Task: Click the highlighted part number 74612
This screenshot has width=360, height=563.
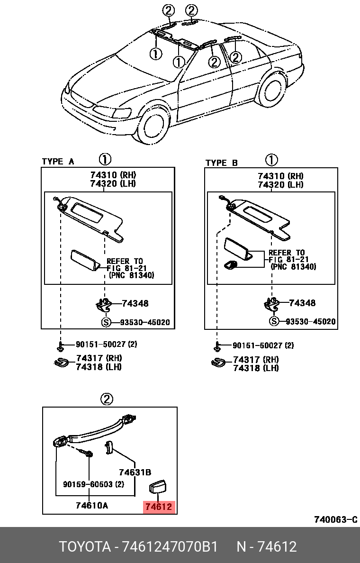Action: [160, 507]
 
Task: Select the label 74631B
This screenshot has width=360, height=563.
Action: [135, 472]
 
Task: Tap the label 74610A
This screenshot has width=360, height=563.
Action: [91, 505]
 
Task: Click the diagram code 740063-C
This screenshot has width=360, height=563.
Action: [335, 519]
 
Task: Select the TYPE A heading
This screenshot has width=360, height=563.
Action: [58, 162]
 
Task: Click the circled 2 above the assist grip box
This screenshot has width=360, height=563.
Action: [107, 399]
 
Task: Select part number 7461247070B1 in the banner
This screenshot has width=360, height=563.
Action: [170, 547]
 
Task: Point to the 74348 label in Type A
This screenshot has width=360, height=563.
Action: [135, 303]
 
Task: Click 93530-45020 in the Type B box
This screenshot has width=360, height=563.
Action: [310, 322]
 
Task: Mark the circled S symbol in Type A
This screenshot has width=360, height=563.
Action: [107, 323]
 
